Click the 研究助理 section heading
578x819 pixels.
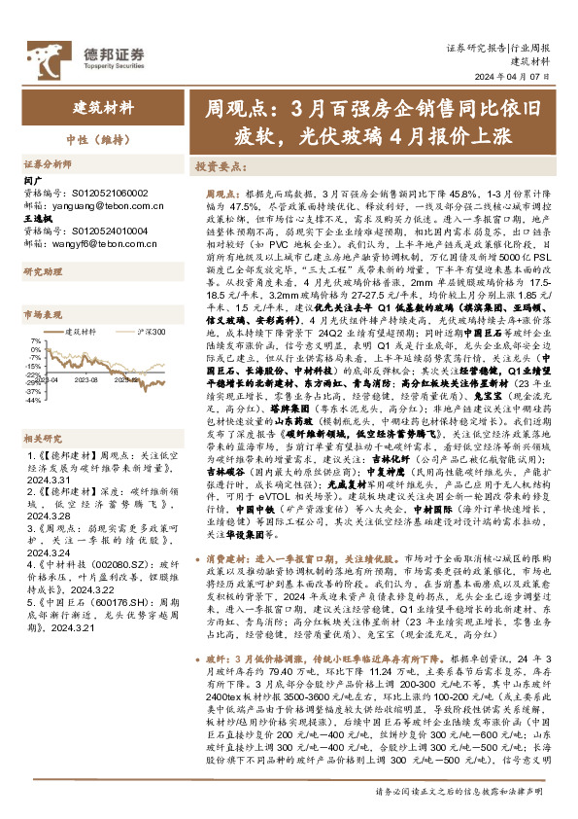43,271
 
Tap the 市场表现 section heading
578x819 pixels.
43,315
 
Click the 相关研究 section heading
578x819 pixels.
43,438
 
